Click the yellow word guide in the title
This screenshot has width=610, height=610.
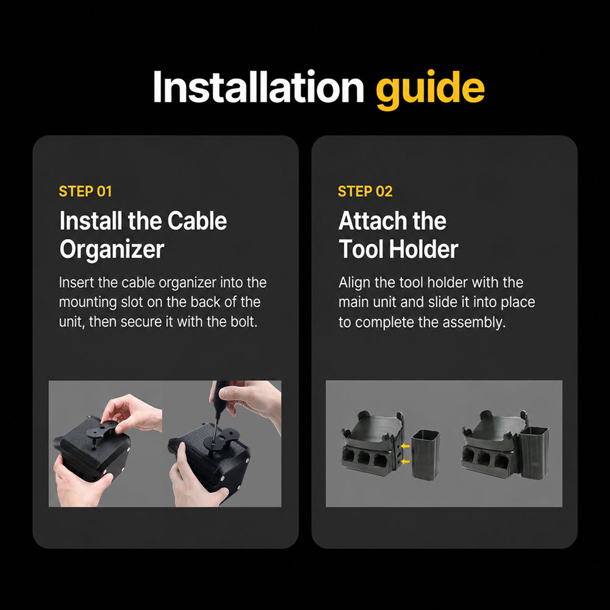tap(430, 90)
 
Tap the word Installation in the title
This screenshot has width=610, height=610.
tap(259, 87)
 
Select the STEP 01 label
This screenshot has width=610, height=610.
tap(85, 192)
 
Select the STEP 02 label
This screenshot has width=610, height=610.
tap(365, 192)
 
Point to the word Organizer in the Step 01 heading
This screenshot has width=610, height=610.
tap(112, 249)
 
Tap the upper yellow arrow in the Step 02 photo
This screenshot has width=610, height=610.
tap(406, 447)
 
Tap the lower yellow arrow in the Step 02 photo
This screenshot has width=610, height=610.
tap(406, 461)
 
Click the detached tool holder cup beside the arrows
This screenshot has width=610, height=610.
tap(426, 454)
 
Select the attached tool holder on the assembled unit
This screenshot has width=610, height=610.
tap(534, 451)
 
